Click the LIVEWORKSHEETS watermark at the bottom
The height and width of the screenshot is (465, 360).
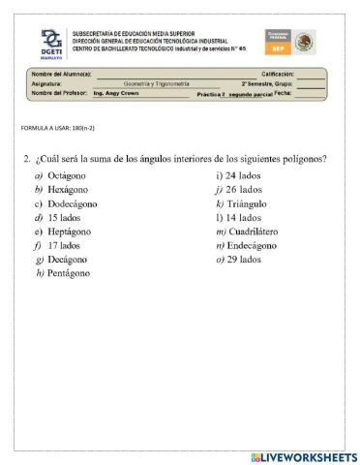click(303, 456)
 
